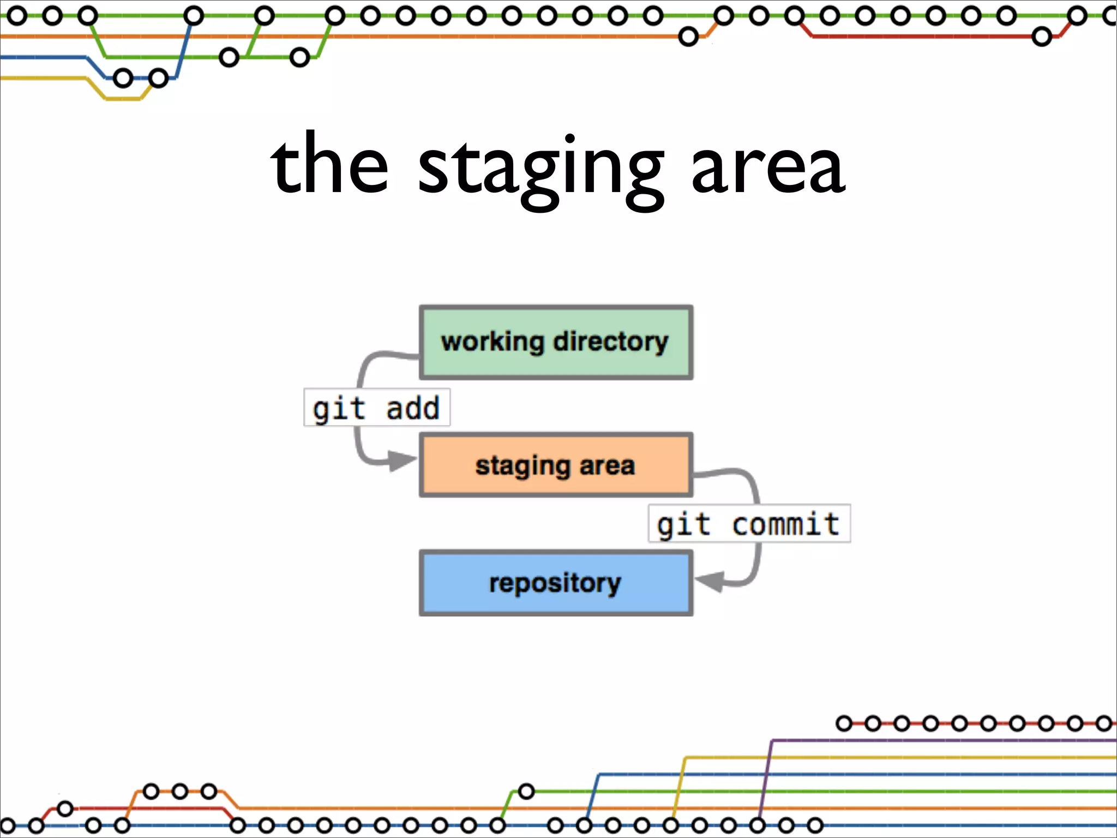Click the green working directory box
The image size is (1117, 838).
click(556, 343)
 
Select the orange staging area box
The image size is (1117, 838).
click(556, 465)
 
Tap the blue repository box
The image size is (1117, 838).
click(556, 583)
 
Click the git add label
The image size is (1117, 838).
click(376, 408)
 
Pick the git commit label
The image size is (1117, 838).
click(749, 524)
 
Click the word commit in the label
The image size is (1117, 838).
click(785, 524)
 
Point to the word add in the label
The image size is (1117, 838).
click(413, 408)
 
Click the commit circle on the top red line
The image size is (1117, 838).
click(1042, 37)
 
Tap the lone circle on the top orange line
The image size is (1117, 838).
click(688, 37)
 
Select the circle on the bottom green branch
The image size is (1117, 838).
click(526, 791)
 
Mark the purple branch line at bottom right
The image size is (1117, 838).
click(927, 740)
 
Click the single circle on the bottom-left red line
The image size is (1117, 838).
click(65, 809)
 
